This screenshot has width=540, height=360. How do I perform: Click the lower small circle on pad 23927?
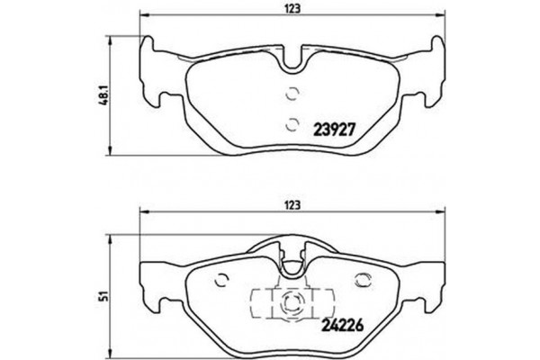click(291, 125)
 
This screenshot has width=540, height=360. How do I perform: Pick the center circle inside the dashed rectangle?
click(290, 303)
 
